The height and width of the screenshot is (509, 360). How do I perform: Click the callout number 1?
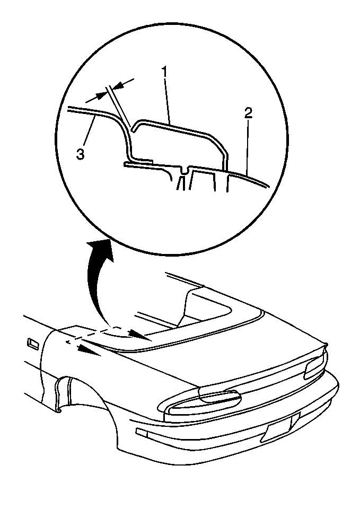pyautogui.click(x=165, y=72)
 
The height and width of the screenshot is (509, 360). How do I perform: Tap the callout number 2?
pyautogui.click(x=248, y=113)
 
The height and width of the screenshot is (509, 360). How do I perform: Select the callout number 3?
pyautogui.click(x=80, y=154)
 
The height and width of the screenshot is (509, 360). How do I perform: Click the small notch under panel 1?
pyautogui.click(x=185, y=170)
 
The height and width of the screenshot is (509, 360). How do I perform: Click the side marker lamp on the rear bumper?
pyautogui.click(x=142, y=432)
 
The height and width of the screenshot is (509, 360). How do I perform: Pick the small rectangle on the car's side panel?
pyautogui.click(x=33, y=344)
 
